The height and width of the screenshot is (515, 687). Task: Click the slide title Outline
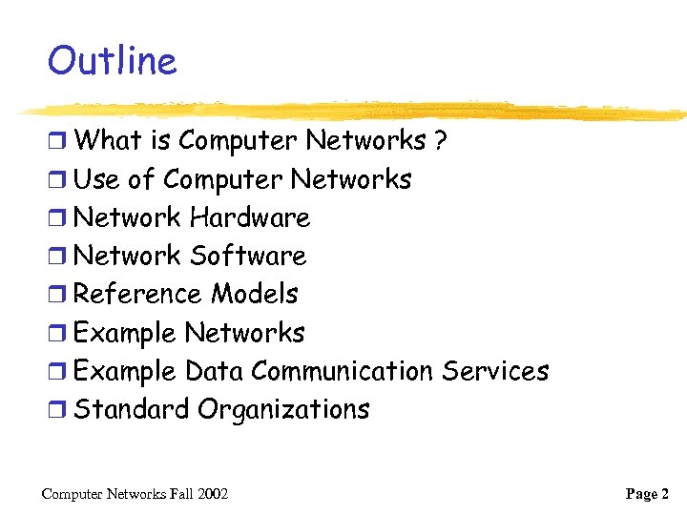pos(112,62)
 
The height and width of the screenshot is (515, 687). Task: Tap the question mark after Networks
pos(440,141)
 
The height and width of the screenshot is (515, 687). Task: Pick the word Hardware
pos(250,217)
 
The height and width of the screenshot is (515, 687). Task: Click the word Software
pos(248,256)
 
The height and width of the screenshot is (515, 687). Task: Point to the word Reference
pos(137,294)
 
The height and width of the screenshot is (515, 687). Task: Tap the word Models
pos(255,294)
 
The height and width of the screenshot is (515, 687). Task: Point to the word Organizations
pos(283,410)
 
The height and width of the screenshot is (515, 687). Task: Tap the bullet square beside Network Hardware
pos(57,218)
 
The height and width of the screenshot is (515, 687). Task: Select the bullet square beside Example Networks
pos(57,334)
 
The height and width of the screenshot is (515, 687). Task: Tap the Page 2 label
pos(647,494)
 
